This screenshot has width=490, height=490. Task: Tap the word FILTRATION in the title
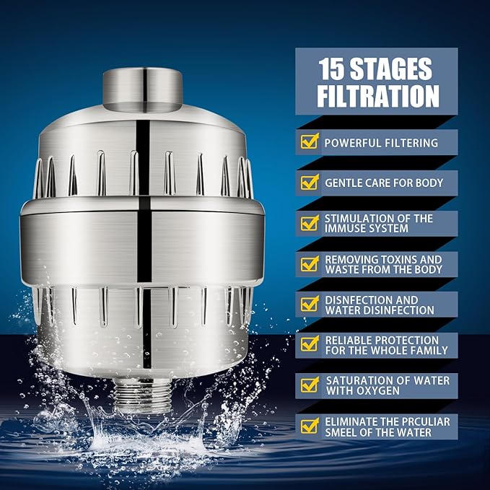click(x=378, y=95)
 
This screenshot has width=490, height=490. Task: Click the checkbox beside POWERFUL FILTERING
click(x=310, y=142)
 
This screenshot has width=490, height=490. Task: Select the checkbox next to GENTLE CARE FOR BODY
click(x=310, y=183)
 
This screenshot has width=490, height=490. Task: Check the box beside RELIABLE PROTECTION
click(x=310, y=345)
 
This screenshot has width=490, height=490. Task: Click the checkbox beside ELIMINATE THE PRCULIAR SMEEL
click(x=310, y=426)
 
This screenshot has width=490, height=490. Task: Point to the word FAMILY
click(x=426, y=350)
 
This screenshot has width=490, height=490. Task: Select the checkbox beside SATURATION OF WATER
click(x=310, y=385)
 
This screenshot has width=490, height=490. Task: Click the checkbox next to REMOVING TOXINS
click(x=310, y=264)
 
